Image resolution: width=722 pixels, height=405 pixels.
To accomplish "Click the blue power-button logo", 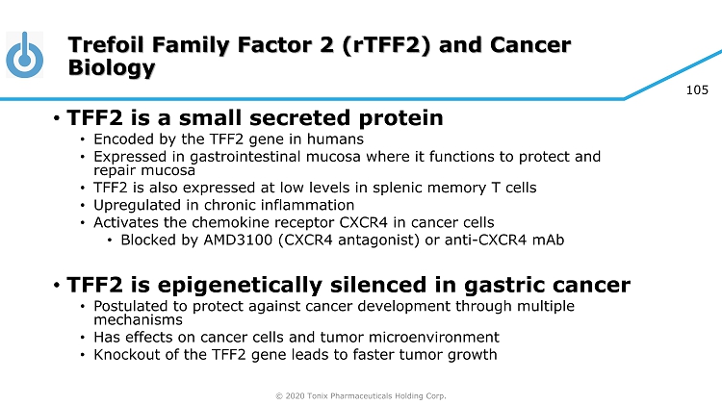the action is pyautogui.click(x=25, y=55).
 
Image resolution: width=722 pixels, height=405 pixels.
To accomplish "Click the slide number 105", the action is pyautogui.click(x=697, y=90).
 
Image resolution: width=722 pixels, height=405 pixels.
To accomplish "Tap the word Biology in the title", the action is pyautogui.click(x=112, y=67).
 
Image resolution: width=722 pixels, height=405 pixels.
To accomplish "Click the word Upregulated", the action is pyautogui.click(x=137, y=205).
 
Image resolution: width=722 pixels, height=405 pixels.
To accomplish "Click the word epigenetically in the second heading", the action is pyautogui.click(x=240, y=286).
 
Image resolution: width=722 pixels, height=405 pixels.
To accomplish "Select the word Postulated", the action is pyautogui.click(x=130, y=306).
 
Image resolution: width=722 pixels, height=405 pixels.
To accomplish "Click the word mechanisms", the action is pyautogui.click(x=138, y=319).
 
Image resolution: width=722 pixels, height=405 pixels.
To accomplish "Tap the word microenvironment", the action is pyautogui.click(x=434, y=338).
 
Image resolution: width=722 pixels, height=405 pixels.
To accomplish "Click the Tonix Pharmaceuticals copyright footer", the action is pyautogui.click(x=361, y=395).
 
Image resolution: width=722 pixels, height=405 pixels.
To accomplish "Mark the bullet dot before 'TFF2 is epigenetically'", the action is pyautogui.click(x=57, y=286).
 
